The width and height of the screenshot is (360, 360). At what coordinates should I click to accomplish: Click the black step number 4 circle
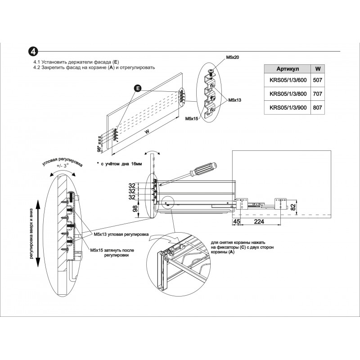(34, 51)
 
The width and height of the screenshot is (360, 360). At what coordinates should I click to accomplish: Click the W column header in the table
(317, 69)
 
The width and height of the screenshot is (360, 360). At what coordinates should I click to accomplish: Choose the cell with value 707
(317, 94)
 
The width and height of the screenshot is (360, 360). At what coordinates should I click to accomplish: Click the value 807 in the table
(317, 108)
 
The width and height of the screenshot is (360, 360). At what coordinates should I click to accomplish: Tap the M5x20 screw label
(232, 58)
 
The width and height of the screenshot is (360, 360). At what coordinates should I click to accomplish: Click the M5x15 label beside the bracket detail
(192, 118)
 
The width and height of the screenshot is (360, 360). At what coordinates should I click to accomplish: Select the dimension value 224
(259, 221)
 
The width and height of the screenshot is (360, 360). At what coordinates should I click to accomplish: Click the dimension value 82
(292, 207)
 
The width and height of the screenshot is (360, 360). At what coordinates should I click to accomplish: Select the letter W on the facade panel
(147, 132)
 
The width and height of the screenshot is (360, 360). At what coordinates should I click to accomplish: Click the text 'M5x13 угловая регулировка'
(121, 234)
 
